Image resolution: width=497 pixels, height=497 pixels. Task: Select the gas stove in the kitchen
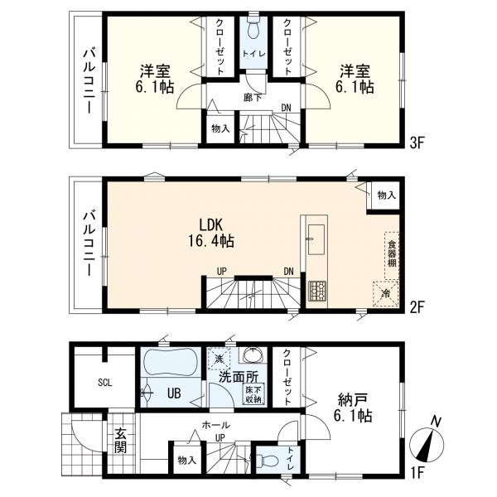317,291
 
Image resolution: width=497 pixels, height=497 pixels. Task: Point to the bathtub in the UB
171,360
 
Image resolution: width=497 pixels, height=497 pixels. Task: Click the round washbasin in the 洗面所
253,355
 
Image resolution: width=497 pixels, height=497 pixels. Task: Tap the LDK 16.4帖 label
211,233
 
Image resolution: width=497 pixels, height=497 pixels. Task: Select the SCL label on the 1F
105,383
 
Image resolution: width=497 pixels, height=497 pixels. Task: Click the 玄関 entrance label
121,441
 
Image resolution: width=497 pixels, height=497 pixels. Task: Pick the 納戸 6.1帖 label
353,408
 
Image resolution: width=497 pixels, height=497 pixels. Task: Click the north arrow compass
427,444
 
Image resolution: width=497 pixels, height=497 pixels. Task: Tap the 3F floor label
417,143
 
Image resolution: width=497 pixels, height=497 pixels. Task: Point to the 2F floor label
417,307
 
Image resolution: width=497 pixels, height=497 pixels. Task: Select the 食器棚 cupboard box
392,255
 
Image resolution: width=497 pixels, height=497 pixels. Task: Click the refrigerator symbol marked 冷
386,294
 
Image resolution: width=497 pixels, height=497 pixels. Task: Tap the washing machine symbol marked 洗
219,359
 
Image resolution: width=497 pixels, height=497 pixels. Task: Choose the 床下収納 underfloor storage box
253,394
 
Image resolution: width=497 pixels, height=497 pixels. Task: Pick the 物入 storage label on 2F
386,195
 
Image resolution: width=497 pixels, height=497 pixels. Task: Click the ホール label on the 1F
215,424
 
